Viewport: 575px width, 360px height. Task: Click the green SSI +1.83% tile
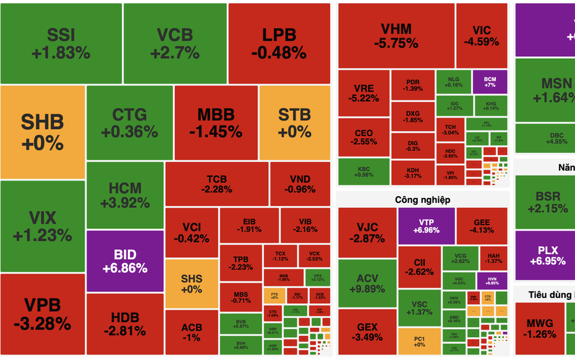click(61, 43)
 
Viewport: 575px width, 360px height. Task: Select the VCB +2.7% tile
click(174, 43)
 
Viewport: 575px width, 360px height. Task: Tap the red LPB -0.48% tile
click(279, 43)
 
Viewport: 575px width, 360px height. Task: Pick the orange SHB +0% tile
click(42, 132)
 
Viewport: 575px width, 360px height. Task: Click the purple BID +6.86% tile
click(125, 261)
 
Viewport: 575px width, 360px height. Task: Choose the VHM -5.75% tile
click(396, 36)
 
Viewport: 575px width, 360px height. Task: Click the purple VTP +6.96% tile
click(426, 226)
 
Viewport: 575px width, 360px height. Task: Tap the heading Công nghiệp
click(422, 200)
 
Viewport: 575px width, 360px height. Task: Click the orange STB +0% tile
click(294, 122)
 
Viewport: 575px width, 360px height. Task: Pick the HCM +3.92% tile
click(125, 195)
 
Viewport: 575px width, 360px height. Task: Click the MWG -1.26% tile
click(539, 328)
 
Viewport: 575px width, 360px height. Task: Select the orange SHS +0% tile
click(192, 283)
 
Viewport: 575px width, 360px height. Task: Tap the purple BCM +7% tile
click(490, 82)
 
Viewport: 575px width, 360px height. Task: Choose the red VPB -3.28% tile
click(42, 314)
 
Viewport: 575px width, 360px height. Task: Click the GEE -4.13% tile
click(482, 226)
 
